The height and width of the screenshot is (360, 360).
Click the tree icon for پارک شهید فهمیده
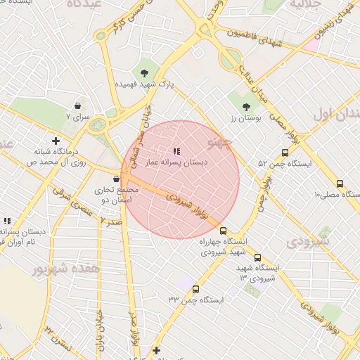point(145,72)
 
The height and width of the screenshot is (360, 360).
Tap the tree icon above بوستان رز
point(246,107)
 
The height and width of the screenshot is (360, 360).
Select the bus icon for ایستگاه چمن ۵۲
point(285,153)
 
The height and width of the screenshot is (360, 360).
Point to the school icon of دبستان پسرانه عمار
point(176,151)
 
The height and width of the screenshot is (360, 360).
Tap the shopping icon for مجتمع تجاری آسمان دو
point(116,179)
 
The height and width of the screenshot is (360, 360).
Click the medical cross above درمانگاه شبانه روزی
point(56,141)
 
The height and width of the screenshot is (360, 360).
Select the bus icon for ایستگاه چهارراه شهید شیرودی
point(224,231)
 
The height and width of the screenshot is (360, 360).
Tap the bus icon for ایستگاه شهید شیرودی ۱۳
point(257,257)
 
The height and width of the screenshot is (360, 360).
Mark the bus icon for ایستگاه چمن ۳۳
point(195,289)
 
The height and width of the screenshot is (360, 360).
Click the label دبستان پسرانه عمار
point(176,162)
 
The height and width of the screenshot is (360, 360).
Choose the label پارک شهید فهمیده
point(146,84)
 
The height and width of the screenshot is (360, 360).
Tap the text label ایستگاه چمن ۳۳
point(195,300)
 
